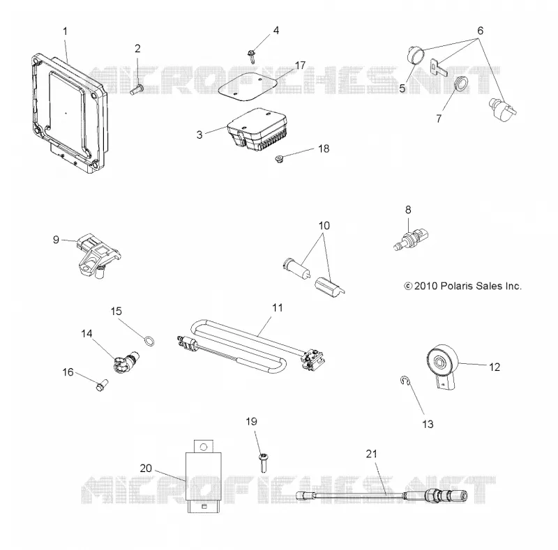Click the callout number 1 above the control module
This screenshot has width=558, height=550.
pyautogui.click(x=65, y=31)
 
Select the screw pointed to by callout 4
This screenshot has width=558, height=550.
pyautogui.click(x=251, y=56)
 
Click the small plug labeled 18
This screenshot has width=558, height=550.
pyautogui.click(x=280, y=159)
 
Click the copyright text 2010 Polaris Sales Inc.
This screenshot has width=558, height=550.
pyautogui.click(x=462, y=286)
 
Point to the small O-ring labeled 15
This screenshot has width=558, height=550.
pyautogui.click(x=150, y=341)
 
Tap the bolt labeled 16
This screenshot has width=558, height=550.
pyautogui.click(x=102, y=385)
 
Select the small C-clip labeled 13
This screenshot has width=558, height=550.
pyautogui.click(x=405, y=381)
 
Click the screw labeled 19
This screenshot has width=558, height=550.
pyautogui.click(x=264, y=462)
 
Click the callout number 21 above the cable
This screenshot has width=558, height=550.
pyautogui.click(x=371, y=454)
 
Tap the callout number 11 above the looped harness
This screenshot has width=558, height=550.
pyautogui.click(x=277, y=307)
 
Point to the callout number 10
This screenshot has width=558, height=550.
pyautogui.click(x=324, y=226)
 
